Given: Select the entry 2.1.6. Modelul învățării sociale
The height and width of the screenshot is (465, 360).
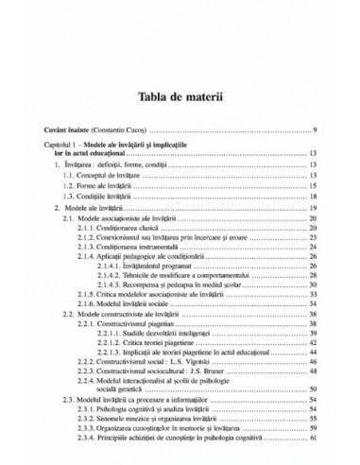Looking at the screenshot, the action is [136, 324].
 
